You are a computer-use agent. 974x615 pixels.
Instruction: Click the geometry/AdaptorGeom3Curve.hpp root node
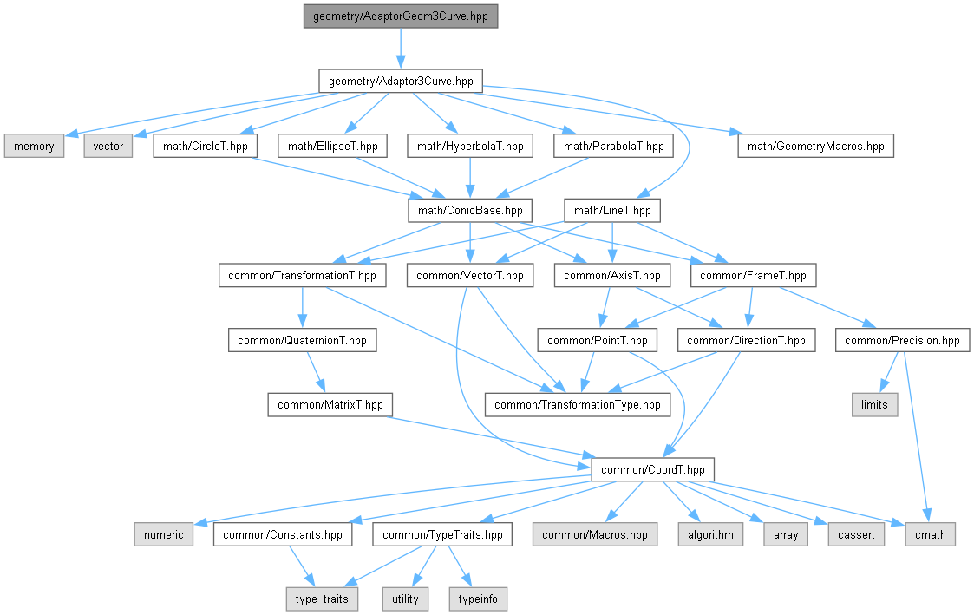(x=401, y=16)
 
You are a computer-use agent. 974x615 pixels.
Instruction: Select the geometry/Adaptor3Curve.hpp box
(x=401, y=81)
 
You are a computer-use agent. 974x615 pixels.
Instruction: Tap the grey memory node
(x=34, y=146)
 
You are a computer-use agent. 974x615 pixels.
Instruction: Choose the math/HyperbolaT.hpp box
(x=469, y=146)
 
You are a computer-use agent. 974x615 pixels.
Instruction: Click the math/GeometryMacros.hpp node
(x=815, y=146)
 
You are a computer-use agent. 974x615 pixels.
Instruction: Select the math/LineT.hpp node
(x=612, y=211)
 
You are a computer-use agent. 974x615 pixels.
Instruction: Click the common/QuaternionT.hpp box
(x=303, y=340)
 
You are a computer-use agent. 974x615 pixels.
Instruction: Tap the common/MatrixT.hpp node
(x=330, y=405)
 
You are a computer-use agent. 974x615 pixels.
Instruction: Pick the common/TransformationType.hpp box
(x=578, y=405)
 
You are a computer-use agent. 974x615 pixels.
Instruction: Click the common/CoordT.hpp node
(x=654, y=470)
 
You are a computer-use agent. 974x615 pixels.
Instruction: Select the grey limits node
(x=874, y=405)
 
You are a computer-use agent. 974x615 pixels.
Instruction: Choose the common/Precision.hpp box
(x=902, y=340)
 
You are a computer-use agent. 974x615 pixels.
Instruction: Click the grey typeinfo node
(x=477, y=599)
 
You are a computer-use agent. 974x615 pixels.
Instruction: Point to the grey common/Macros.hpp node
(x=595, y=534)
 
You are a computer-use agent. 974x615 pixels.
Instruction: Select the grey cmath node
(x=931, y=534)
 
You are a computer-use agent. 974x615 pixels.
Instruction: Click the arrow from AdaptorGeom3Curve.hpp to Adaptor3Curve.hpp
(x=401, y=49)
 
